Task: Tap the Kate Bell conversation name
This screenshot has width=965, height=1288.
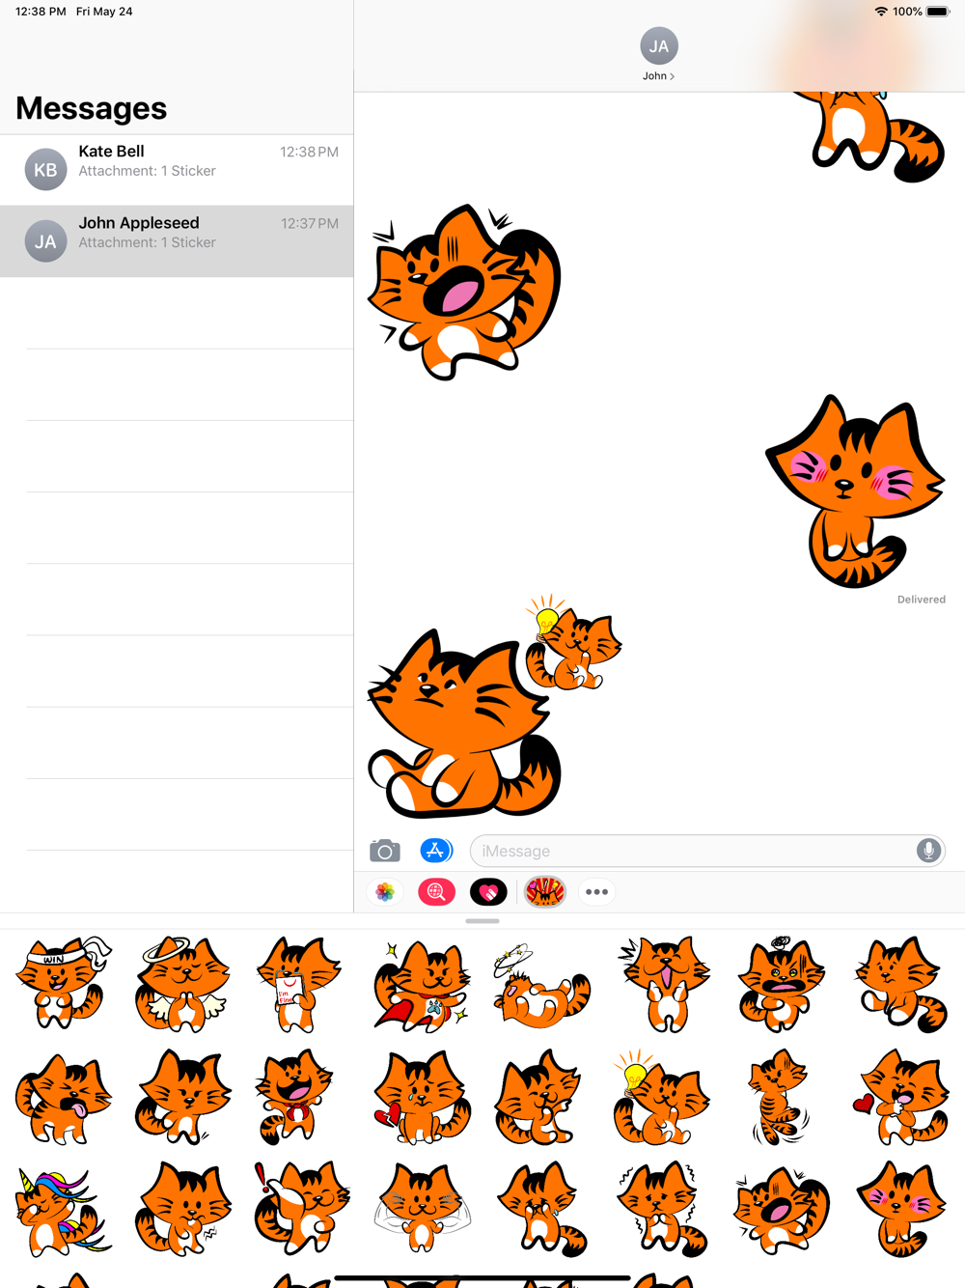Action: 111,152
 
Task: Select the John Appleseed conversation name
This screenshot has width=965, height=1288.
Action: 139,223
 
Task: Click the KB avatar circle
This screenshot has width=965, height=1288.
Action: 45,170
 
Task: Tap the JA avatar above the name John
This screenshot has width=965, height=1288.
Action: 659,45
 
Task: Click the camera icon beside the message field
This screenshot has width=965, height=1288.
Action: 385,851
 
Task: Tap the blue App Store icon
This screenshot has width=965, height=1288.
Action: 436,851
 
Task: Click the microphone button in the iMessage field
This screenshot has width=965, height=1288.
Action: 928,851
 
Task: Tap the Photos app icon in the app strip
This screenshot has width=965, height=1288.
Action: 385,892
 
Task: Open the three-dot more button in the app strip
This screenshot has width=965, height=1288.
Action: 596,892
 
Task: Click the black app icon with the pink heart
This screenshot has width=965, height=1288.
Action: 487,892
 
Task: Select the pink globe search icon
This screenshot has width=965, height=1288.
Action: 436,892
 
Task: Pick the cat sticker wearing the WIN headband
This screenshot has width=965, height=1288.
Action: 63,983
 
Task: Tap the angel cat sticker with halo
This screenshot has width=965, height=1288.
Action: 182,984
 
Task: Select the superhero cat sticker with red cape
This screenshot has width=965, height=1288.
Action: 422,986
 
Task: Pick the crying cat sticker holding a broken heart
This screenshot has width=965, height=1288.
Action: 422,1097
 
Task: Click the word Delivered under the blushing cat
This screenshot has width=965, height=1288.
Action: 921,600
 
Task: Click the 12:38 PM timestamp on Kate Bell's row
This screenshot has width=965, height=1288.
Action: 309,152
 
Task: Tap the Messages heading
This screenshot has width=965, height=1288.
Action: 92,108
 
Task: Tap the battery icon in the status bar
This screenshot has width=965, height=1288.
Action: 937,12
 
